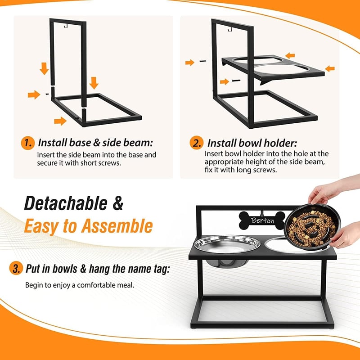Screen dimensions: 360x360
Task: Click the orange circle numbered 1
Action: (28, 143)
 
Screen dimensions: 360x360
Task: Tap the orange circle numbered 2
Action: (197, 143)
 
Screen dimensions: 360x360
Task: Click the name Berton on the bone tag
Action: (263, 220)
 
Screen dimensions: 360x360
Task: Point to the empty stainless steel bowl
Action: (227, 244)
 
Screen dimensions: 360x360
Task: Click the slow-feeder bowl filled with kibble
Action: (312, 226)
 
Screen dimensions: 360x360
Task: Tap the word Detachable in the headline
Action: (66, 203)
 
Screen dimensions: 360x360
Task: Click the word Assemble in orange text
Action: (117, 226)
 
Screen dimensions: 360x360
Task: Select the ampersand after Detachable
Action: (118, 203)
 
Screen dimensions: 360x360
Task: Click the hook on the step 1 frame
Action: (66, 27)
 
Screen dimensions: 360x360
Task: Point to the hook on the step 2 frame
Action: (230, 29)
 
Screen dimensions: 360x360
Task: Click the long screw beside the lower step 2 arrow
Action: (236, 81)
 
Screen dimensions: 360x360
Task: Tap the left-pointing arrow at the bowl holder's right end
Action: (330, 68)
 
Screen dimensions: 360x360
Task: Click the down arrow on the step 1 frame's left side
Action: (44, 68)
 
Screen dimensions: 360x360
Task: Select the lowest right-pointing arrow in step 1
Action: (60, 121)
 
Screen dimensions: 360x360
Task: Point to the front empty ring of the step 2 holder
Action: (280, 69)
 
